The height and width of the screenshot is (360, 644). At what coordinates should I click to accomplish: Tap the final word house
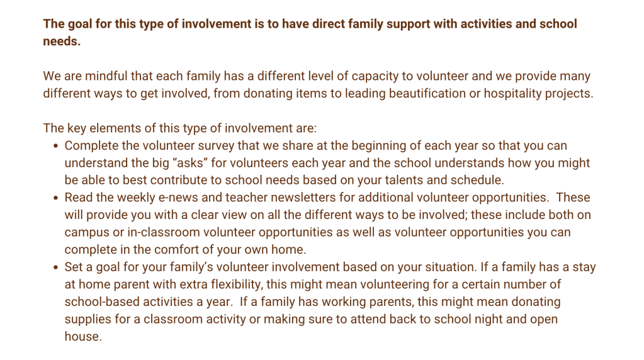(82, 336)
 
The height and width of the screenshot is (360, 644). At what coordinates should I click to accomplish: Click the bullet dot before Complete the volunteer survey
(55, 146)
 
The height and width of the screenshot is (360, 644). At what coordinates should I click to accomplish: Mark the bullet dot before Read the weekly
(55, 198)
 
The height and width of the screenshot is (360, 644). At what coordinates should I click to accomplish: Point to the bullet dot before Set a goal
(55, 267)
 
